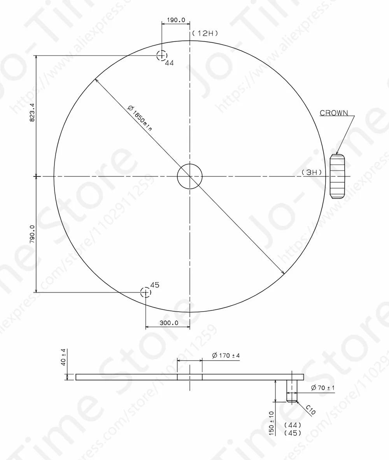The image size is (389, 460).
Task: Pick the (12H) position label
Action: (x=204, y=33)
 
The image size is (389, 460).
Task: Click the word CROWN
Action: (x=334, y=113)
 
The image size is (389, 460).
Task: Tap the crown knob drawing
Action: (x=337, y=176)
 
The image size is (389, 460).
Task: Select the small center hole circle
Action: (x=190, y=176)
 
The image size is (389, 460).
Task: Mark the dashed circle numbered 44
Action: (x=161, y=56)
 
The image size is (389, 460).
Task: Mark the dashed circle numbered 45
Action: (x=145, y=292)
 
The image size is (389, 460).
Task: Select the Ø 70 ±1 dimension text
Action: (x=323, y=388)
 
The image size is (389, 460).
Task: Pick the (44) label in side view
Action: (x=293, y=425)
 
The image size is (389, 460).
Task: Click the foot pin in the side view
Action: (x=292, y=390)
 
